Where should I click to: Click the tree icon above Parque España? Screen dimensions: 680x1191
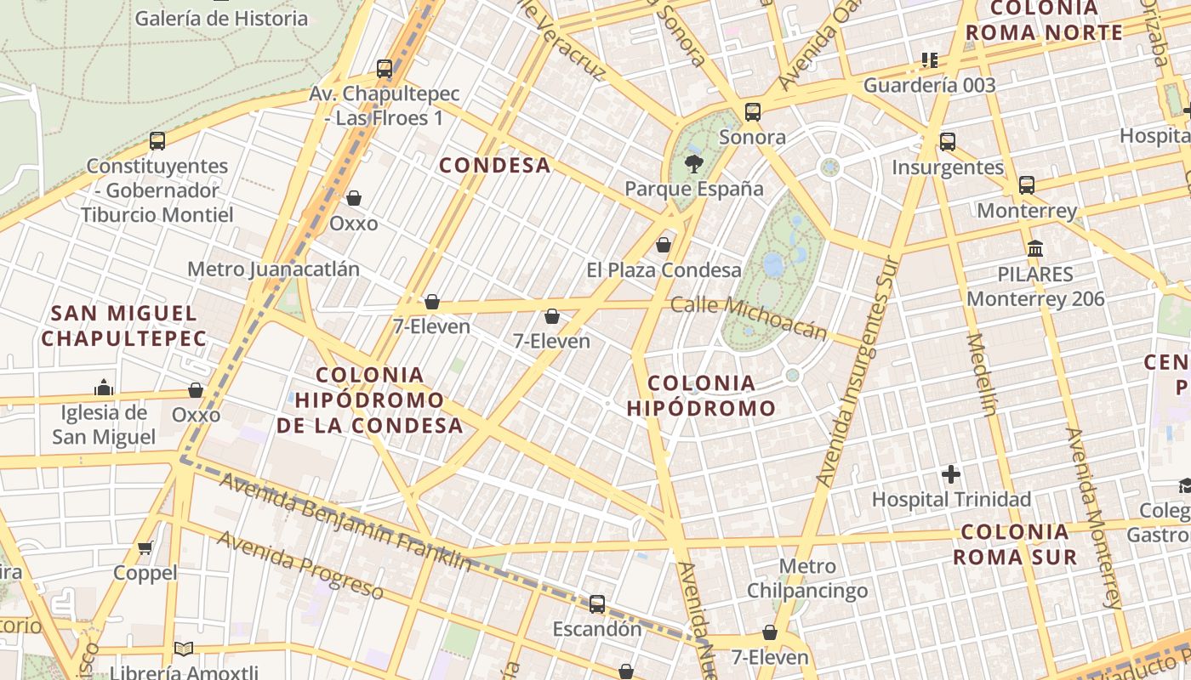point(694,163)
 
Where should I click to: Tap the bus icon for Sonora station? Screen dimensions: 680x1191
point(752,111)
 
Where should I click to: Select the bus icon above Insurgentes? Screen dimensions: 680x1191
point(948,141)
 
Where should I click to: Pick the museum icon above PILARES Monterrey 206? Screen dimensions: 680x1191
point(1035,249)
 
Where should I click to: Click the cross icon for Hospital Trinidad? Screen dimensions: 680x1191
point(951,473)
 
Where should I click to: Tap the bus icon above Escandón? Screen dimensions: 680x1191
point(597,603)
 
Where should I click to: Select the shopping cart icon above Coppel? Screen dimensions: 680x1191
point(145,547)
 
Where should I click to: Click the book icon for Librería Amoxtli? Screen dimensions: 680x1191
point(184,649)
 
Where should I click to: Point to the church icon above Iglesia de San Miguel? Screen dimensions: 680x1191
point(104,388)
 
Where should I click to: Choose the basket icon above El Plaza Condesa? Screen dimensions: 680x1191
point(664,245)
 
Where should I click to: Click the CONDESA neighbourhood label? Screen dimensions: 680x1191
point(494,165)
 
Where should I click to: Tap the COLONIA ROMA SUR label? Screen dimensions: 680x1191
point(1014,545)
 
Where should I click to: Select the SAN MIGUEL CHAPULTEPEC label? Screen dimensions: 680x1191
point(124,326)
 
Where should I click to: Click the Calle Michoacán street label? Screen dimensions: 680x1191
point(749,318)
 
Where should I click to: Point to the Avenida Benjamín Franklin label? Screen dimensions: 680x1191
point(345,523)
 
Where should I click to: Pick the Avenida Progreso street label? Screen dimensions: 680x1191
point(299,564)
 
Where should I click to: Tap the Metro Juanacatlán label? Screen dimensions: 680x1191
point(273,269)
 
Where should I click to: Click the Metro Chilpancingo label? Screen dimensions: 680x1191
point(807,578)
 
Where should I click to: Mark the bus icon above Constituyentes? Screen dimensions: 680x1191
point(157,140)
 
